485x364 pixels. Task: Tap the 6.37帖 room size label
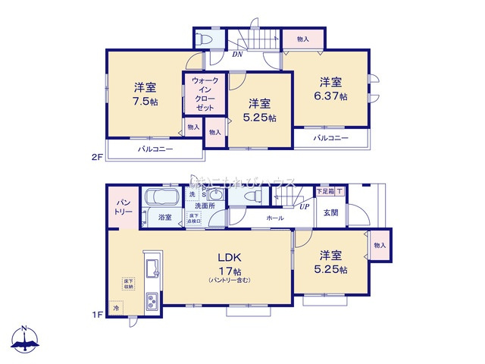tap(332, 96)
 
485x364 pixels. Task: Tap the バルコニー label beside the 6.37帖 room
tap(330, 138)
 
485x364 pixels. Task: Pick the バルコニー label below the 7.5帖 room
tap(155, 149)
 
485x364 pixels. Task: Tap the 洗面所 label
tap(204, 206)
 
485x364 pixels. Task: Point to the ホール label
tap(275, 218)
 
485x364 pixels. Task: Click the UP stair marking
tap(304, 206)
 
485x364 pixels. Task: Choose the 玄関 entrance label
tap(331, 213)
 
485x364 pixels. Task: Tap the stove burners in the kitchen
tap(151, 302)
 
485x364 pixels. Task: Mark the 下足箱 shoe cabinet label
tap(326, 193)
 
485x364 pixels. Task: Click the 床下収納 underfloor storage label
tap(127, 284)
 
